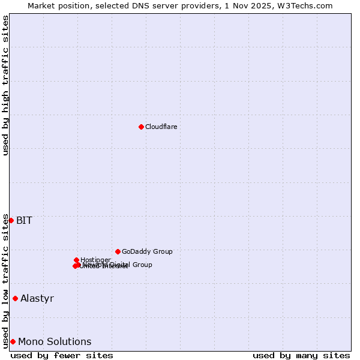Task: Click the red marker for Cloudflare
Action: [141, 127]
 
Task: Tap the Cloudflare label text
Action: [161, 127]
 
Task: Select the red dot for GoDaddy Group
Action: [118, 251]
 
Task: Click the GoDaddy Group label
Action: [147, 251]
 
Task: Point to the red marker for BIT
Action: [11, 220]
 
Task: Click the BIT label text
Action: [24, 220]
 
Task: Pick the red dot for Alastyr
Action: [15, 298]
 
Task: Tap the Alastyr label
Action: [37, 298]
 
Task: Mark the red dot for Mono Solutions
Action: [13, 341]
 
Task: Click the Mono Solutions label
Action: [55, 341]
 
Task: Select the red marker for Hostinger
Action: [76, 260]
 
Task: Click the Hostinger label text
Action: [95, 260]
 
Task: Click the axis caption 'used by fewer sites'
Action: [62, 355]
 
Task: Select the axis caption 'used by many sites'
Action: [301, 355]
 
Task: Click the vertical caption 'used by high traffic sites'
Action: [5, 86]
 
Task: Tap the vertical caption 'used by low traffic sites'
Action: [5, 281]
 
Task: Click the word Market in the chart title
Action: [41, 5]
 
